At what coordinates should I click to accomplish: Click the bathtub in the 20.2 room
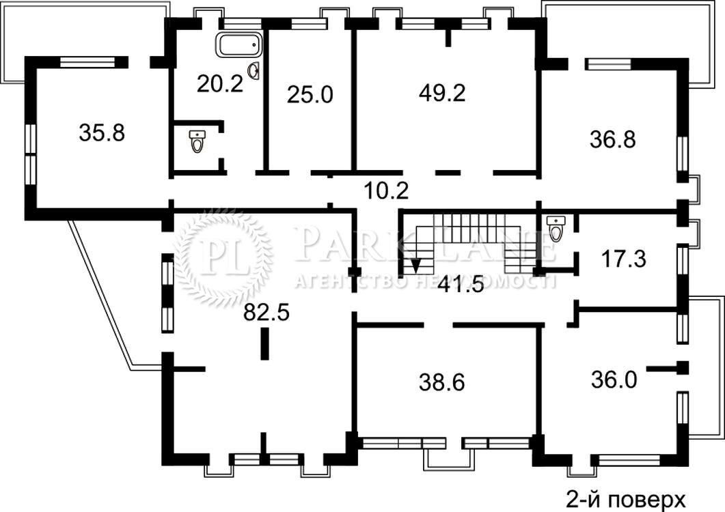click(x=238, y=45)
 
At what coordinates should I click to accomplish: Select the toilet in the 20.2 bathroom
click(x=197, y=141)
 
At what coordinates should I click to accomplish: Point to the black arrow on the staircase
click(x=416, y=266)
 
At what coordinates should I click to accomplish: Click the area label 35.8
click(x=102, y=133)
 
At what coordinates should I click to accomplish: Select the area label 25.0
click(x=310, y=95)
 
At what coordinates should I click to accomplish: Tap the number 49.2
click(x=442, y=93)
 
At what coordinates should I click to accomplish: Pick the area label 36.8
click(x=613, y=139)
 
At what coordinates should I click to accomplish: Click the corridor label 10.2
click(x=387, y=190)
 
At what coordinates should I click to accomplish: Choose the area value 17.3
click(x=624, y=259)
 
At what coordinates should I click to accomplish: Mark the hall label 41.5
click(x=461, y=284)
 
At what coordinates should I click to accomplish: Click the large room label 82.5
click(x=266, y=313)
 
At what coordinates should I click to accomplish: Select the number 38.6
click(x=441, y=382)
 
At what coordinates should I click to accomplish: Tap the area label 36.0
click(x=614, y=380)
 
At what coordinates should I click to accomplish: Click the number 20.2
click(x=220, y=84)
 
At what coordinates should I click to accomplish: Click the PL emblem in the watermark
click(x=224, y=255)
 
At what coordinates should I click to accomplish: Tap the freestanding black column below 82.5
click(x=264, y=343)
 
